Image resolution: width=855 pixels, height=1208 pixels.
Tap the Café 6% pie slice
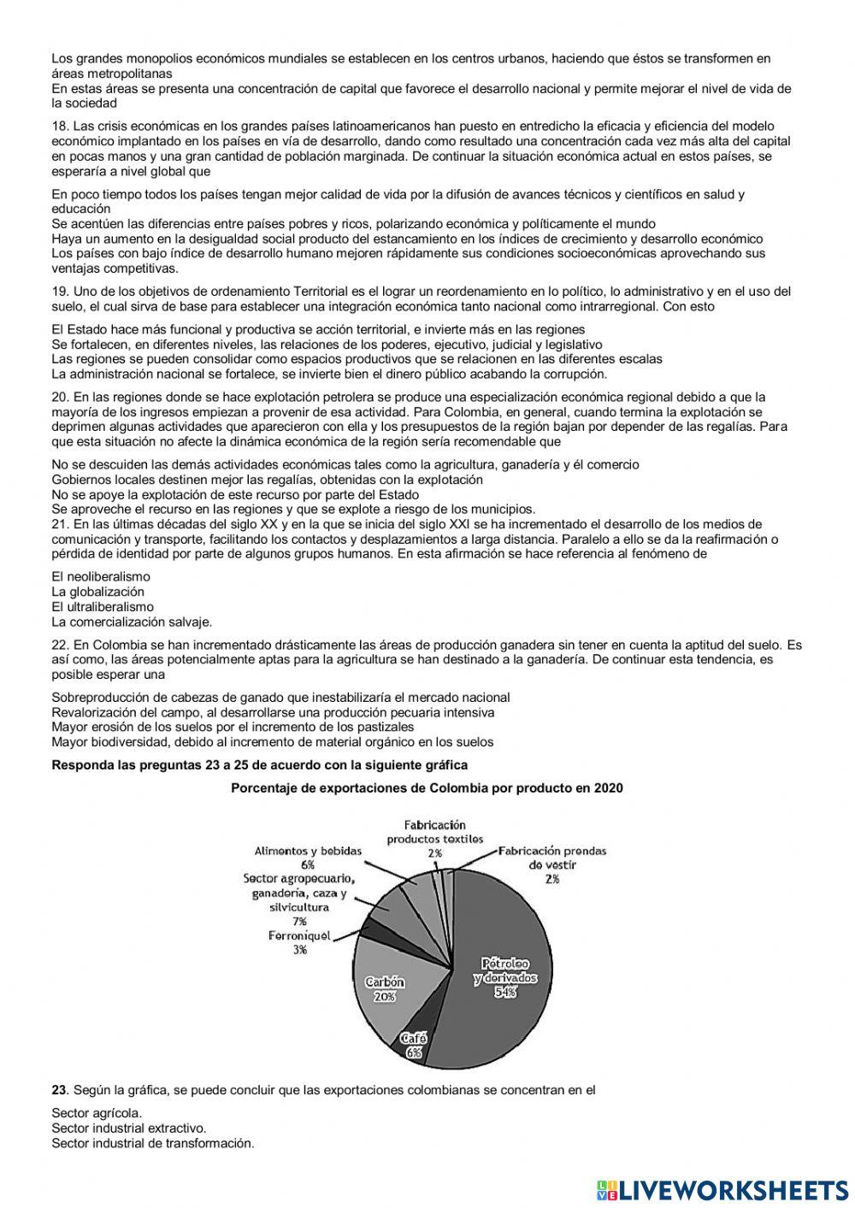(414, 1045)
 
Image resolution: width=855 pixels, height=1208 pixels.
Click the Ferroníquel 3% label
(299, 943)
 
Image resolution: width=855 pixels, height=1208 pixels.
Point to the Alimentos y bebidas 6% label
(308, 857)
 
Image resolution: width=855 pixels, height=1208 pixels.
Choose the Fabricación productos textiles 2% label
(434, 839)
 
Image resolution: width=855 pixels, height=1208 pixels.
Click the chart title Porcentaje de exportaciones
(427, 788)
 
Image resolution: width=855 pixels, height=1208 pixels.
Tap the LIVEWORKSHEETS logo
(722, 1189)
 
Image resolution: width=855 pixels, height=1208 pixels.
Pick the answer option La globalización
(98, 592)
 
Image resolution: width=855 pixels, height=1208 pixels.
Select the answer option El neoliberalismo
(101, 576)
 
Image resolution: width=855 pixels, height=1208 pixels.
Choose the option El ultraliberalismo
(103, 607)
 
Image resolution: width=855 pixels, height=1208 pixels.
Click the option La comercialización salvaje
(132, 622)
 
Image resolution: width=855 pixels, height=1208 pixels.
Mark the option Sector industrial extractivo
(128, 1128)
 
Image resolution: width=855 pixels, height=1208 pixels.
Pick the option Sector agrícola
(97, 1113)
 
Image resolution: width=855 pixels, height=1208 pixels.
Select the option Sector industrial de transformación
(153, 1144)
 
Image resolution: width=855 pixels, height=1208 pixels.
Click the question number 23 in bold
(59, 1090)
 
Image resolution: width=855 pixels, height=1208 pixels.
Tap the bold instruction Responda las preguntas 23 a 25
(260, 765)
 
